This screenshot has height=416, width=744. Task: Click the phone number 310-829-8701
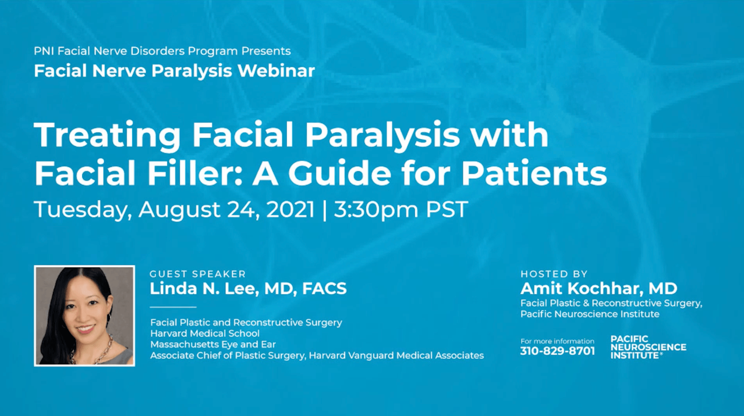tap(557, 351)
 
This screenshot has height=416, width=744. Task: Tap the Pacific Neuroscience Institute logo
tap(648, 347)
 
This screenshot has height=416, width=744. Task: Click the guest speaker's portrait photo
tap(84, 316)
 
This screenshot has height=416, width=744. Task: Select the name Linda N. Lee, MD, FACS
tap(248, 289)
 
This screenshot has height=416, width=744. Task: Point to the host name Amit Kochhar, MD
tap(599, 288)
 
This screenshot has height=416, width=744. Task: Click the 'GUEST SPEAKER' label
tap(198, 274)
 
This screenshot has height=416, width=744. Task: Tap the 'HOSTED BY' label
tap(554, 274)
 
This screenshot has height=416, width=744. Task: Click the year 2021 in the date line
tap(290, 209)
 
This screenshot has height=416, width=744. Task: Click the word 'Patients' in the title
tap(534, 173)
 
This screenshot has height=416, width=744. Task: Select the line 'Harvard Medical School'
tap(205, 333)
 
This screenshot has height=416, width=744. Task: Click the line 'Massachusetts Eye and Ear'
tap(213, 345)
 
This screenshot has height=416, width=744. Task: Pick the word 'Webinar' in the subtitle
tap(276, 71)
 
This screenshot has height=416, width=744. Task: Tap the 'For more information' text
tap(557, 341)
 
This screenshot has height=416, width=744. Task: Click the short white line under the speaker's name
tap(173, 307)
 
